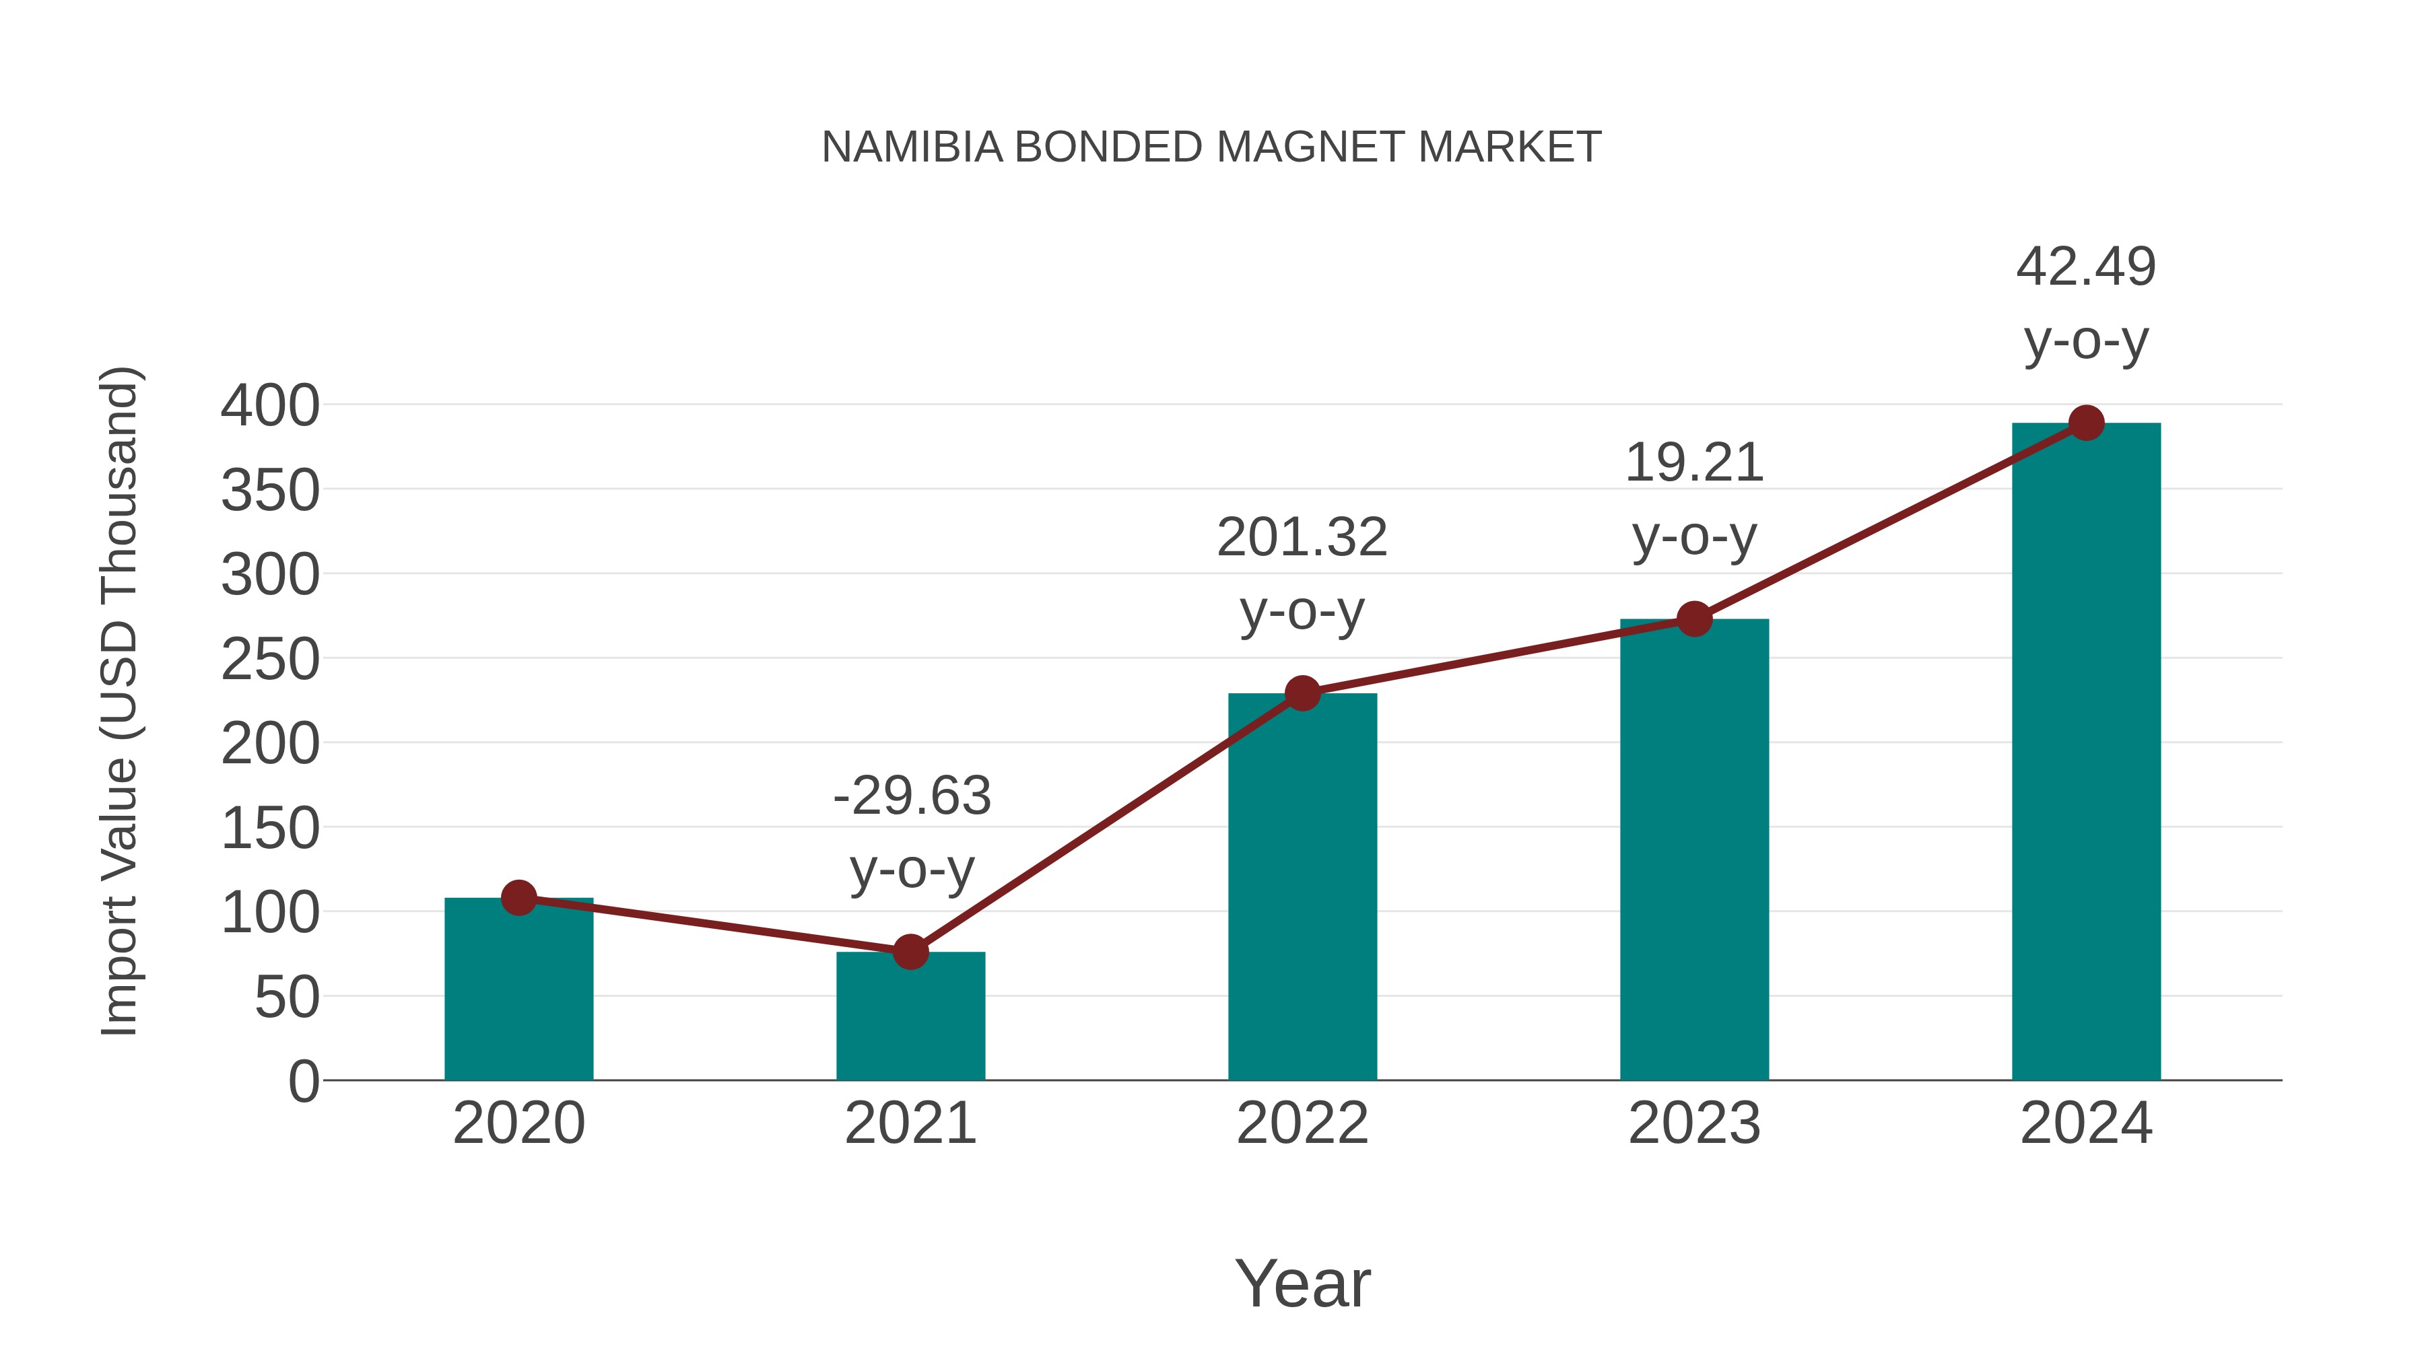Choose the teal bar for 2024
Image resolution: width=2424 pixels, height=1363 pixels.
(x=2086, y=752)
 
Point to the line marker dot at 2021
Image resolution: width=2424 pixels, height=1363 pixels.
(x=910, y=952)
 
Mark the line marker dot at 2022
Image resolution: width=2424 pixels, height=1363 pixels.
(x=1302, y=693)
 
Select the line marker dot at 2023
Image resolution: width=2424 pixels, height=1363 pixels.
(x=1694, y=619)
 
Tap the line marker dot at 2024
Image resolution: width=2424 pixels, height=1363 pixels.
(x=2086, y=423)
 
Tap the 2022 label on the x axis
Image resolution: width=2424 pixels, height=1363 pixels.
(x=1302, y=1123)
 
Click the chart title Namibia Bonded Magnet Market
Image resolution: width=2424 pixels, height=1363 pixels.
(x=1211, y=147)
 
